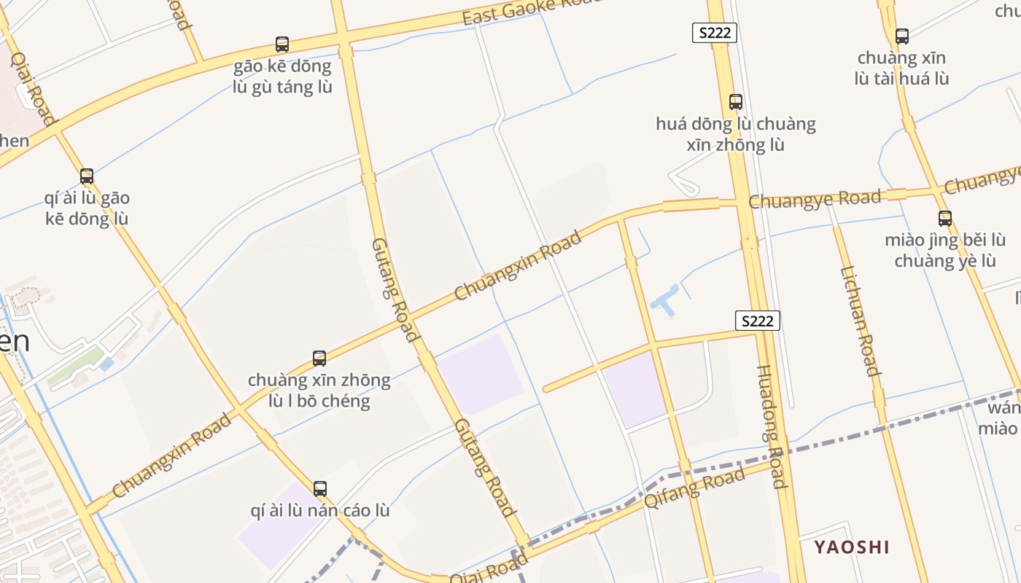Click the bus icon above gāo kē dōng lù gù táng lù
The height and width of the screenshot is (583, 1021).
click(282, 44)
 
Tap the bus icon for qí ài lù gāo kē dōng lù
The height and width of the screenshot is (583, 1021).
click(87, 176)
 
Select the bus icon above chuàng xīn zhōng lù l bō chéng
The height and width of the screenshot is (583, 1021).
click(319, 358)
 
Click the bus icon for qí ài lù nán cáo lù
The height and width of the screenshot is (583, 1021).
click(320, 488)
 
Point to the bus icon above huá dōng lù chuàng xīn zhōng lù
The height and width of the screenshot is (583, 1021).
click(736, 102)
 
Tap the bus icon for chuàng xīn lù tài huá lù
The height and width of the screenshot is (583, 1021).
click(902, 36)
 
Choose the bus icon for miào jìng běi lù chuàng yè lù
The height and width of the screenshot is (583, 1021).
click(945, 218)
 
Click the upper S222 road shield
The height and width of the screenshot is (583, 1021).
click(715, 32)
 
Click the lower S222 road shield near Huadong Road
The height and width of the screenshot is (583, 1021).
click(758, 321)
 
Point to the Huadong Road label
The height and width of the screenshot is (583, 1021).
click(772, 426)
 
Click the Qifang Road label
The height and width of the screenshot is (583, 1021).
click(694, 488)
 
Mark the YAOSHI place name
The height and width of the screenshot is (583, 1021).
click(852, 547)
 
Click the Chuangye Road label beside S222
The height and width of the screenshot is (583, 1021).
click(815, 199)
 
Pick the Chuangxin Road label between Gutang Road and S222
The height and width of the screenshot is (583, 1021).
click(518, 266)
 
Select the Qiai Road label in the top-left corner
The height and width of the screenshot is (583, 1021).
click(33, 87)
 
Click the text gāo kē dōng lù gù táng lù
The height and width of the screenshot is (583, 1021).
click(282, 77)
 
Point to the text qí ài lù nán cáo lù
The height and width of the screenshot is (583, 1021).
click(320, 510)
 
